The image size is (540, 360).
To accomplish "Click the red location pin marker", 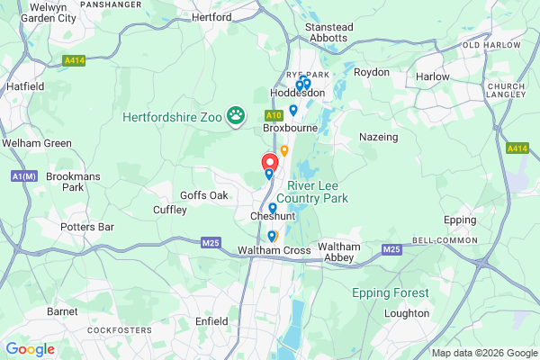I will tap(269, 163).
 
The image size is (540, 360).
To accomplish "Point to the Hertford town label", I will tap(212, 17).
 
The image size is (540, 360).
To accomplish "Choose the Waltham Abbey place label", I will tap(339, 252).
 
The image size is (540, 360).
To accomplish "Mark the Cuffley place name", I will tap(169, 210).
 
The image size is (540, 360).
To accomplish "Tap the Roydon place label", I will tap(371, 72).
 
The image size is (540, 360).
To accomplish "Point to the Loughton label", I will tap(407, 313).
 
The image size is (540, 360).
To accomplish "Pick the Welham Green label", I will tap(37, 143).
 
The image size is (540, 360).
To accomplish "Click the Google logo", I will tap(31, 348).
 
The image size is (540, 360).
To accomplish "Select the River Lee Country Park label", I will tap(311, 191).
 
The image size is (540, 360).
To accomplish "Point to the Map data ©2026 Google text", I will tap(483, 353).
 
